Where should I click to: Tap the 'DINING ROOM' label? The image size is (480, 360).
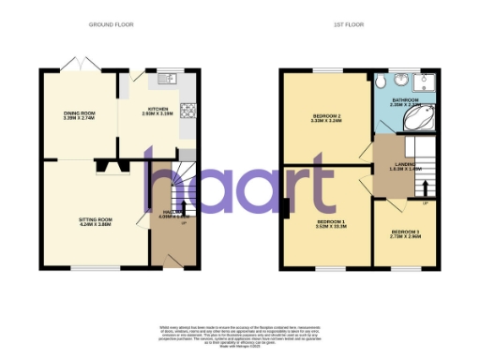point(79,114)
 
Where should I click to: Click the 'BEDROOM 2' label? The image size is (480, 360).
point(325,116)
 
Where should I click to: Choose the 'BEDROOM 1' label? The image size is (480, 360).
point(331,221)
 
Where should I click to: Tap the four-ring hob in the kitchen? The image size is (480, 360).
point(187,110)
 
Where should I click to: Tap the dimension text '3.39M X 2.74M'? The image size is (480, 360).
point(79,120)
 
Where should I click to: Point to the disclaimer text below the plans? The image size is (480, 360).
point(240,337)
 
